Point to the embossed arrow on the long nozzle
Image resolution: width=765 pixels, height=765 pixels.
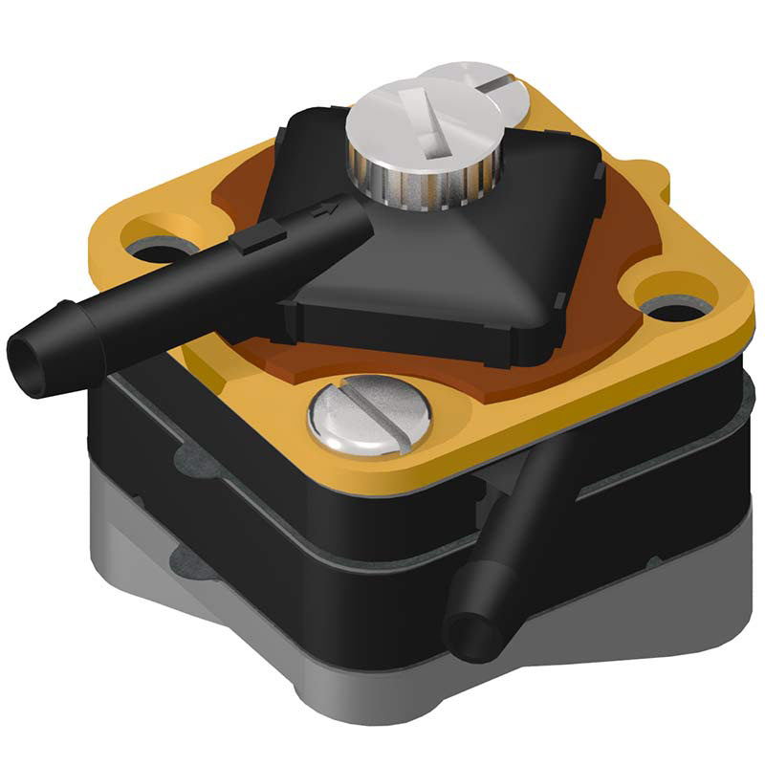(x=326, y=207)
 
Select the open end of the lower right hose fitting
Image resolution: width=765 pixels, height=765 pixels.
(x=474, y=635)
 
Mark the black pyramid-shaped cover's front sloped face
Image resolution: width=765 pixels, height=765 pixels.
(x=430, y=287)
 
